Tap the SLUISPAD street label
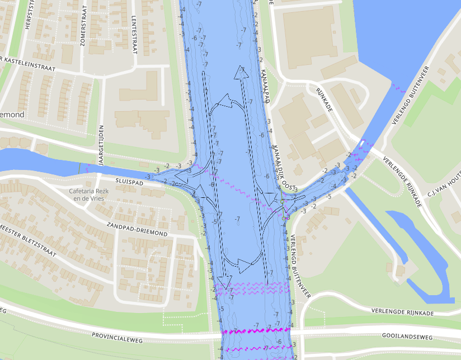click(x=129, y=182)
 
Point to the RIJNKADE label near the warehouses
click(x=324, y=100)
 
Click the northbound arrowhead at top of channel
click(x=242, y=73)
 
